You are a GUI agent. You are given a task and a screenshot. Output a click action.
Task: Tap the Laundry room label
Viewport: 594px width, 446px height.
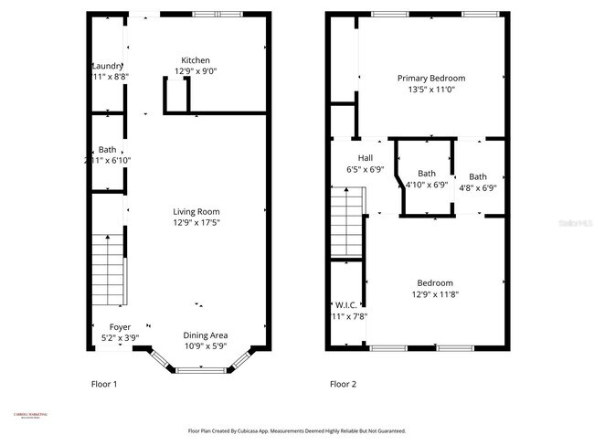[107, 66]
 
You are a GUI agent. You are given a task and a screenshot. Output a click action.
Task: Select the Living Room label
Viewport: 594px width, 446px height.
[196, 211]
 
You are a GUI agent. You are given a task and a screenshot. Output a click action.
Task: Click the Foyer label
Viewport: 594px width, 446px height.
[120, 327]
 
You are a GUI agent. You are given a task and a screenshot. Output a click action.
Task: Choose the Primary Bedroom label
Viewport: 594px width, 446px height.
[430, 79]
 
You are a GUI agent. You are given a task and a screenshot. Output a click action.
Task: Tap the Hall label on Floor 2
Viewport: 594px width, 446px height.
[365, 158]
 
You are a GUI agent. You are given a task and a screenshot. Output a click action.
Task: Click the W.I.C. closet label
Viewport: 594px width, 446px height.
[346, 305]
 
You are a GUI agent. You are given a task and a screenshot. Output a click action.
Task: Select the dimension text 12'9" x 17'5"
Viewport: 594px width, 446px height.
[196, 222]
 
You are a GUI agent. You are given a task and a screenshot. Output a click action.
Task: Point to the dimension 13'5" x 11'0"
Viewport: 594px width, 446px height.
[430, 90]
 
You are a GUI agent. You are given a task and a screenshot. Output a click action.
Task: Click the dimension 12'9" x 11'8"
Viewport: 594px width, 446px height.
[435, 294]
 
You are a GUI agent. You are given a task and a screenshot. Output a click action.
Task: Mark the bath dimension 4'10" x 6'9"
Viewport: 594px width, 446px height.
[426, 185]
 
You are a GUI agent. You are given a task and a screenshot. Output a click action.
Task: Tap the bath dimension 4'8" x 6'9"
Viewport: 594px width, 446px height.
[478, 188]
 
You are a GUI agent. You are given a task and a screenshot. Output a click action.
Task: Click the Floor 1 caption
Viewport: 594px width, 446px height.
[103, 384]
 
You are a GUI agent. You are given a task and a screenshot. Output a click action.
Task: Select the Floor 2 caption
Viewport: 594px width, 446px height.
[343, 384]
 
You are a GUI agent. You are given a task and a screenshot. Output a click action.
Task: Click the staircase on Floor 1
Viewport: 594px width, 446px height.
[108, 271]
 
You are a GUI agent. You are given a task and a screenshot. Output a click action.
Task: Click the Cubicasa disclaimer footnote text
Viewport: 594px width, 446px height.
[297, 430]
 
